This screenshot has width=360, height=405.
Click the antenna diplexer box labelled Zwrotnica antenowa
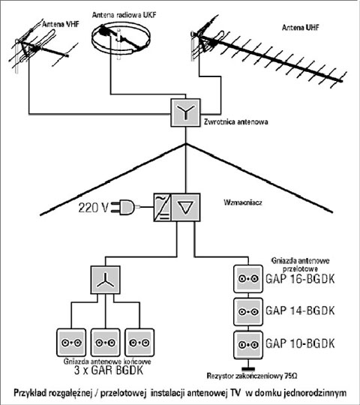coord(185,112)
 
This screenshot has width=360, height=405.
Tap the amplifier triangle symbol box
coord(186,207)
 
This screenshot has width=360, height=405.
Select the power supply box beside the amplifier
coord(163,207)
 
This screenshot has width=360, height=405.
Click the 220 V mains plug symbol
coord(124,207)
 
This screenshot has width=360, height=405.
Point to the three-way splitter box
coord(105,280)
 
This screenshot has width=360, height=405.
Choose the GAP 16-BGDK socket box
coord(248,279)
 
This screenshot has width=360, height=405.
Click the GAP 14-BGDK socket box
coord(248,312)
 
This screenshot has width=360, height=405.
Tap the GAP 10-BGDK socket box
coord(248,345)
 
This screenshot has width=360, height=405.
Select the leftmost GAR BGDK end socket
coord(71,343)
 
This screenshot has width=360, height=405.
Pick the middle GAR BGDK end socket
coord(105,343)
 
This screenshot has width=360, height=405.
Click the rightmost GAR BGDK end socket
coord(139,343)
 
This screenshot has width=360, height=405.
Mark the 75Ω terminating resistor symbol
coord(248,368)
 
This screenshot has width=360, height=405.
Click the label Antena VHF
coord(61,24)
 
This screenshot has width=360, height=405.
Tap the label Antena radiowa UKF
coord(124,15)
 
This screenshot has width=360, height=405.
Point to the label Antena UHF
coord(300,28)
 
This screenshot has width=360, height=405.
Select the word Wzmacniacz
coord(243,202)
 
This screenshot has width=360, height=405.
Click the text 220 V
coord(93,208)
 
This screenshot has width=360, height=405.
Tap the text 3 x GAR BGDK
coord(109,370)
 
